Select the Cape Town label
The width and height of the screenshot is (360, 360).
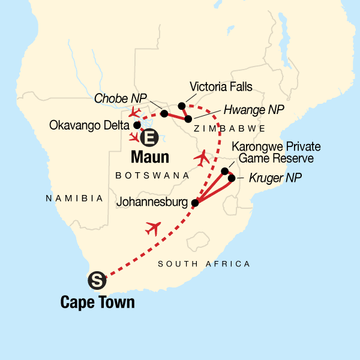coord(97,302)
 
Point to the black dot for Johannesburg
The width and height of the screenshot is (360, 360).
coord(194,203)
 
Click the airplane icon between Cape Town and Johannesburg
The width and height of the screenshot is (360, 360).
coord(154,228)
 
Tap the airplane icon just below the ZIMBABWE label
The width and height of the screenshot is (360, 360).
coord(203,158)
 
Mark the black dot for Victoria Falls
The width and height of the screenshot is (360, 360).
coord(182,106)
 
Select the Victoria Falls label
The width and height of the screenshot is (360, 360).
coord(220,86)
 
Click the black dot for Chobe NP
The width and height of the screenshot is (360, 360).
coord(164,113)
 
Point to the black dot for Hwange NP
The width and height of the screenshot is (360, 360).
coord(188,119)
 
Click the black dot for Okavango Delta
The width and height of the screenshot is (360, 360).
coord(137,125)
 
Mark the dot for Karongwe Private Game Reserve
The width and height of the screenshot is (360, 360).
coord(225,171)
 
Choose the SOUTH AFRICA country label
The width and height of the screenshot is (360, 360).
coord(203,264)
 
